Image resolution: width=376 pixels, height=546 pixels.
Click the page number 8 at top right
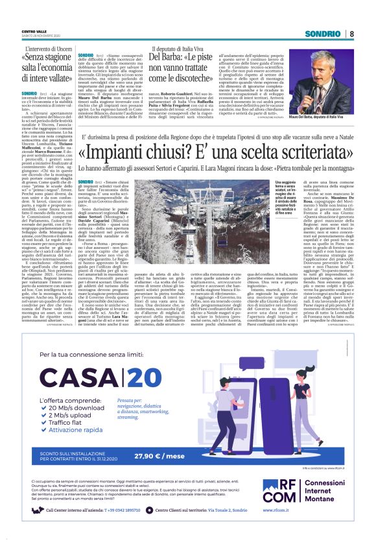pyautogui.click(x=352, y=34)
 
